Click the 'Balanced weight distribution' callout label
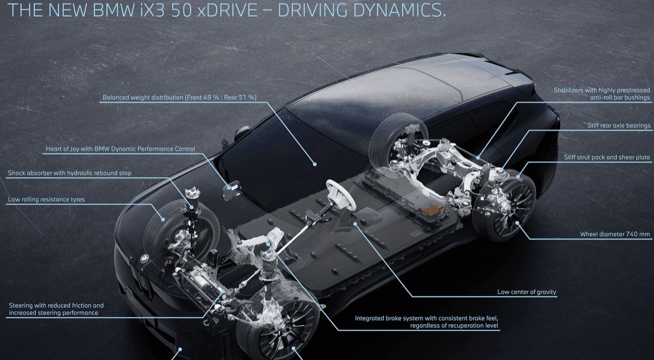tap(179, 98)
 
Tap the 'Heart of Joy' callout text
tap(120, 149)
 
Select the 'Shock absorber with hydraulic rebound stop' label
tap(69, 173)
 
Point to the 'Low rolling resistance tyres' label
tap(46, 200)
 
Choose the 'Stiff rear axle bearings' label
tap(619, 126)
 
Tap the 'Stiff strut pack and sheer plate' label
tap(607, 157)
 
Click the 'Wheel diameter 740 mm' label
tap(615, 234)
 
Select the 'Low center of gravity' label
tap(527, 292)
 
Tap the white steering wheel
tap(341, 195)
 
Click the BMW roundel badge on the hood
tap(144, 258)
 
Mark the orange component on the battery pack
tap(431, 210)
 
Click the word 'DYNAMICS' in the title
tap(400, 10)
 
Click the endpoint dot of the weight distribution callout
tap(315, 164)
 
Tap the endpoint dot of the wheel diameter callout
tap(517, 223)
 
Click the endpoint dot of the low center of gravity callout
tap(355, 224)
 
